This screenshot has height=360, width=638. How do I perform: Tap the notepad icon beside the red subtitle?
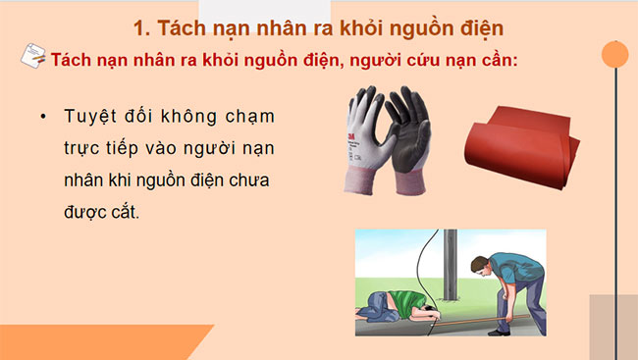point(32,59)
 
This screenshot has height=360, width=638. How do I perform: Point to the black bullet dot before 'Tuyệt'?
point(43,116)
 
